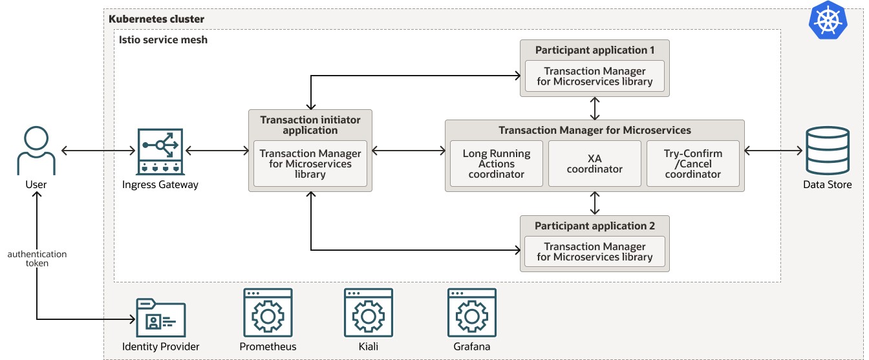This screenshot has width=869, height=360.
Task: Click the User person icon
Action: [x=36, y=150]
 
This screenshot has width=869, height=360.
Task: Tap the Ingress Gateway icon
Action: [x=160, y=151]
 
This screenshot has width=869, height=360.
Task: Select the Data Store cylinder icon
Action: [x=827, y=150]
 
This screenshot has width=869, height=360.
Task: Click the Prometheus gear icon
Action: [x=267, y=313]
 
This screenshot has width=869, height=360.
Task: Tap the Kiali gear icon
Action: [x=368, y=313]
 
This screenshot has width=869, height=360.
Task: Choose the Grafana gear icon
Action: [x=471, y=313]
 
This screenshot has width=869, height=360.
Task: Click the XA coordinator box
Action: [x=594, y=164]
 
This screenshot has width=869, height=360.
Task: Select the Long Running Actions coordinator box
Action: [x=496, y=164]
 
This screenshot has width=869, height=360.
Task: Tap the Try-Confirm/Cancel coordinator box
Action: [x=692, y=164]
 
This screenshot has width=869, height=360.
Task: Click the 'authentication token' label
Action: [x=37, y=259]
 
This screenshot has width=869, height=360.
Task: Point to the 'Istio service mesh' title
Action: [x=162, y=39]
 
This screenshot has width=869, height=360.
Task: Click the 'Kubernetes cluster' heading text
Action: [x=156, y=19]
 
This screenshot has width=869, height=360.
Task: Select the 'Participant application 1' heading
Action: [x=594, y=50]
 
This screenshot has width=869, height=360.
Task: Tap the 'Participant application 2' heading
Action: [x=594, y=226]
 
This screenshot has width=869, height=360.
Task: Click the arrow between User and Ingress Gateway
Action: [x=98, y=151]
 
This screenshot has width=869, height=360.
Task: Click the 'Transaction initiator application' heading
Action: [x=310, y=125]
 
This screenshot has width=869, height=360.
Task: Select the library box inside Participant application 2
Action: [x=594, y=251]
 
